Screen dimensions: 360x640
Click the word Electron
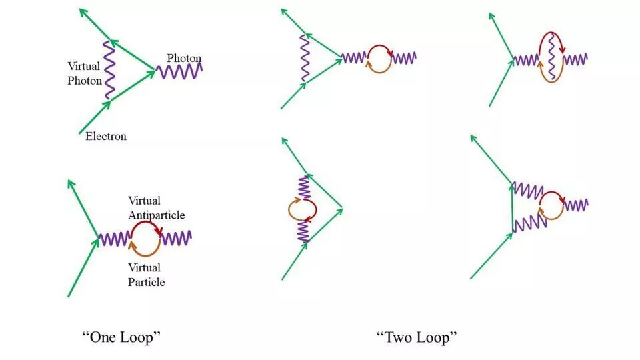click(x=106, y=137)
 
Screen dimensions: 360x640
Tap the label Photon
click(x=184, y=58)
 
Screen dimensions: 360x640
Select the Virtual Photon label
click(x=85, y=73)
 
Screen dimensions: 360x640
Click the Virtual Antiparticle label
click(x=156, y=208)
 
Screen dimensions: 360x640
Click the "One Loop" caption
click(x=121, y=337)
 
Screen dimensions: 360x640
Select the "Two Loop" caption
click(x=417, y=337)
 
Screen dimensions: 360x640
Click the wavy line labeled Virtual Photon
click(x=109, y=70)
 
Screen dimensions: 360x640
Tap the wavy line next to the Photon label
click(x=179, y=69)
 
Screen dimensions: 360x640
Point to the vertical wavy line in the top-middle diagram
click(x=304, y=58)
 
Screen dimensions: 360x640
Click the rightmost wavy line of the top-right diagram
click(x=575, y=59)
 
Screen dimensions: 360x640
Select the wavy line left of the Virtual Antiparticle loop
click(x=114, y=238)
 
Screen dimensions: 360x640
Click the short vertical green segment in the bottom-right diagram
click(x=512, y=207)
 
